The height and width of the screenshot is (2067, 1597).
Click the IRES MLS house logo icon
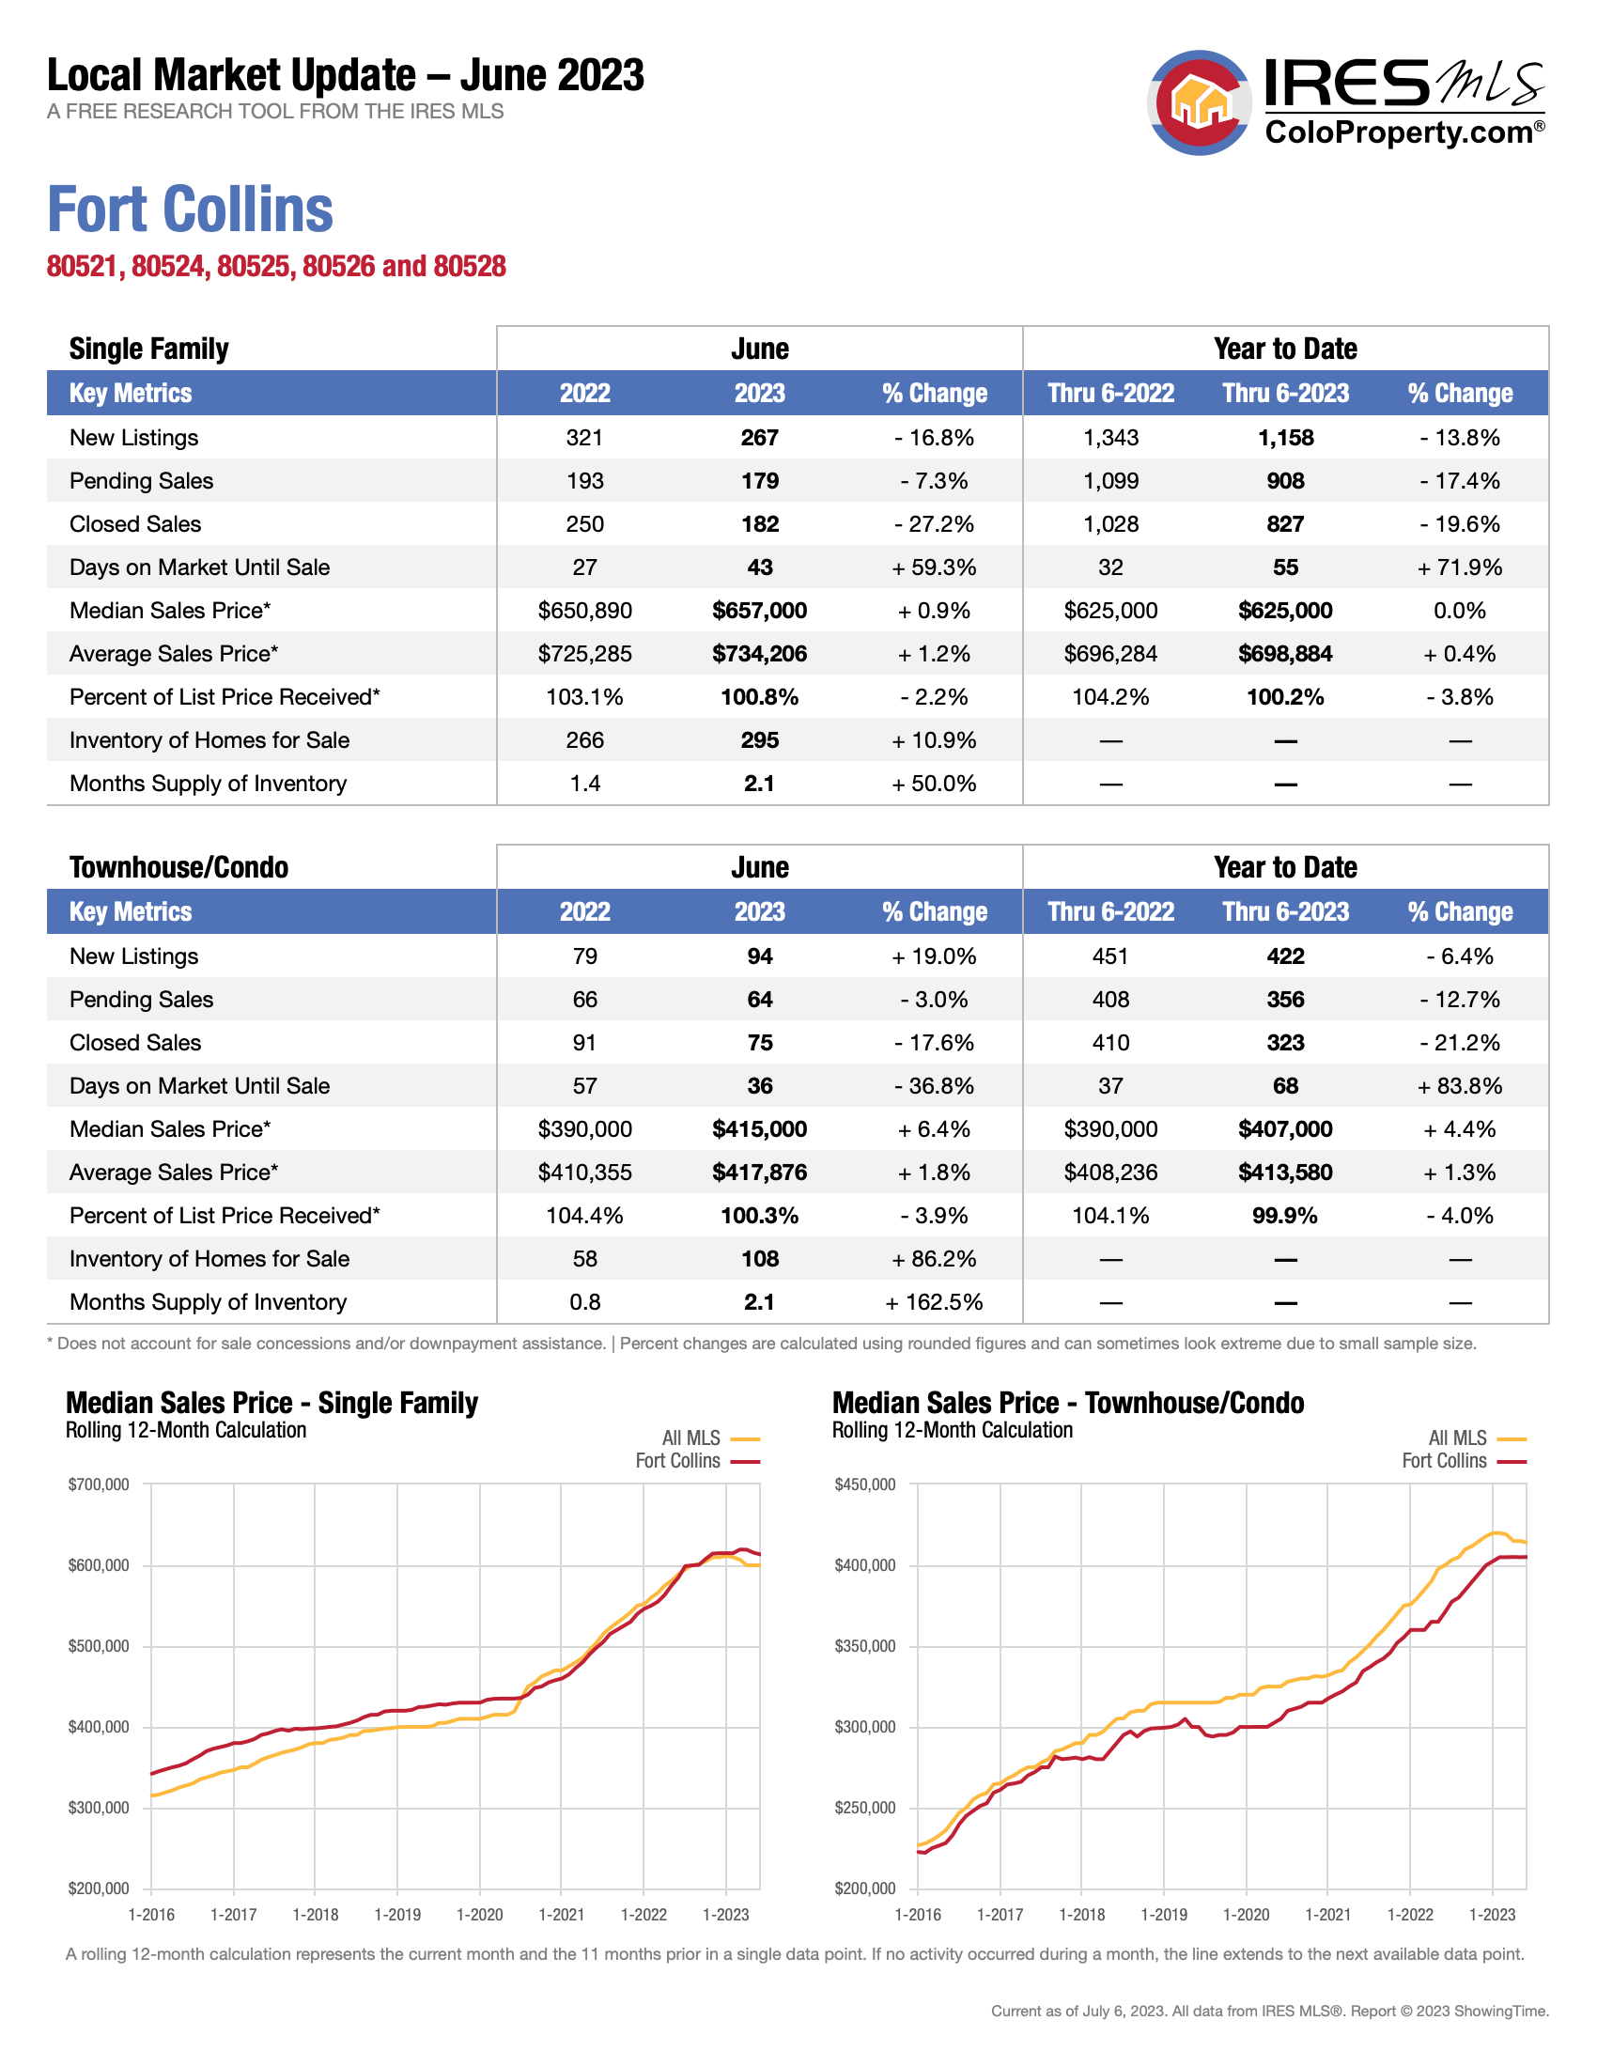(x=1200, y=102)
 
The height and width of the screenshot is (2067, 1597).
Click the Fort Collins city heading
(x=190, y=210)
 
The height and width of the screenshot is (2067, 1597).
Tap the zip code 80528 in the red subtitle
(x=470, y=267)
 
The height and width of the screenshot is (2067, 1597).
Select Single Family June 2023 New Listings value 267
(x=759, y=438)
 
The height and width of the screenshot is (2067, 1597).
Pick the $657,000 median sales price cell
(x=759, y=611)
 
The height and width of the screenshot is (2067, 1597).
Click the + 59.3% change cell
(x=934, y=567)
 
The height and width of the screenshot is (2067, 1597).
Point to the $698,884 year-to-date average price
(x=1285, y=654)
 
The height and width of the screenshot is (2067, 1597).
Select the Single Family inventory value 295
(x=759, y=740)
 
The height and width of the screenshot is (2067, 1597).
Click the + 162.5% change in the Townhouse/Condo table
(x=934, y=1302)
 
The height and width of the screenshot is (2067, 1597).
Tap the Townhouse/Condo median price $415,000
(x=759, y=1129)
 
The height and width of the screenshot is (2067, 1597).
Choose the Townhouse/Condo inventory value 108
(x=759, y=1259)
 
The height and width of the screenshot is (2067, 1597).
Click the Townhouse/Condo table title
(x=178, y=867)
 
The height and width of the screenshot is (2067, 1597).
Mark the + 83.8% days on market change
(x=1459, y=1086)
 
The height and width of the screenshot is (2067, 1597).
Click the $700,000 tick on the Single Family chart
(x=99, y=1484)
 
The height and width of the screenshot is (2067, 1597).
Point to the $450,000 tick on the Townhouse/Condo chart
(x=864, y=1484)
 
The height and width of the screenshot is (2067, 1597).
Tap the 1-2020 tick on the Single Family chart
(x=480, y=1915)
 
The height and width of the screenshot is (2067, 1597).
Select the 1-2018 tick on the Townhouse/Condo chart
(x=1081, y=1915)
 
